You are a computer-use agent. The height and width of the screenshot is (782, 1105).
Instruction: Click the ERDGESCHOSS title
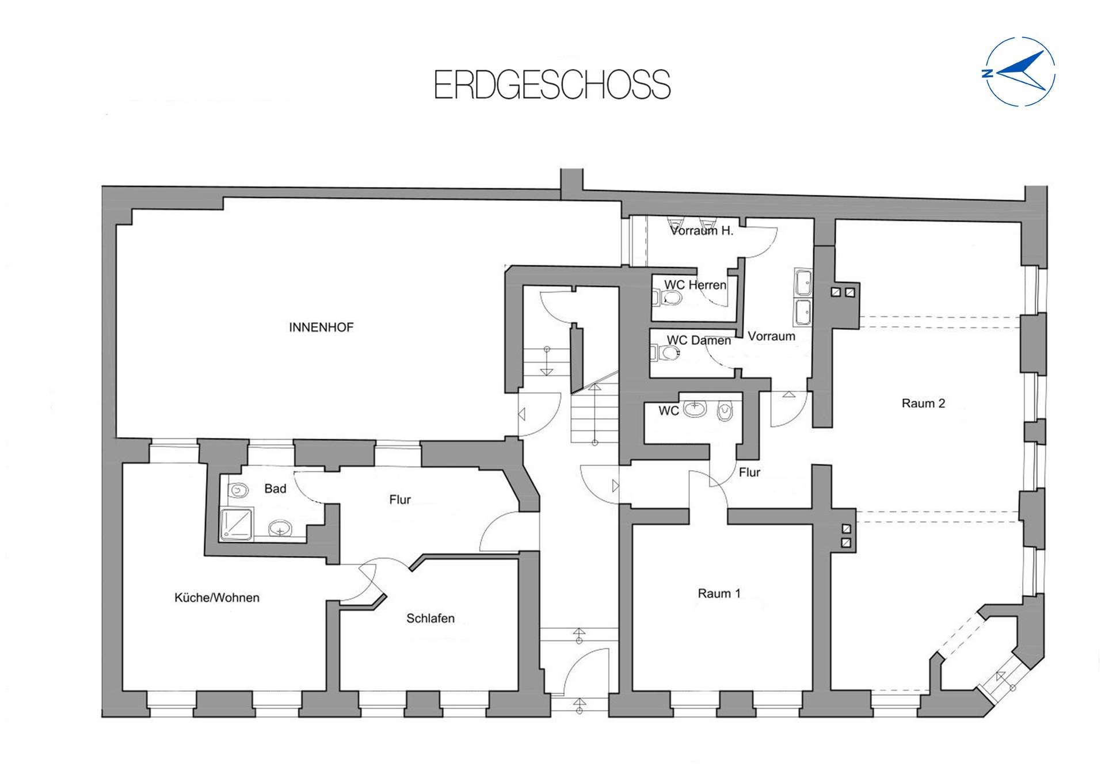pos(552,85)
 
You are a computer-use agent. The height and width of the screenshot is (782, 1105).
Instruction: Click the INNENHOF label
pos(321,327)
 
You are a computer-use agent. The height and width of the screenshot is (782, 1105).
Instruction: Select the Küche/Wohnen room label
pos(216,598)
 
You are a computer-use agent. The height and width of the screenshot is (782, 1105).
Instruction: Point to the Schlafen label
pos(430,619)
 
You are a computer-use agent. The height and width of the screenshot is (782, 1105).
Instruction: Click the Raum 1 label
pos(719,593)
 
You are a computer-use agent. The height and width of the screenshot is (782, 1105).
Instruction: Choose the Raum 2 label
pos(923,403)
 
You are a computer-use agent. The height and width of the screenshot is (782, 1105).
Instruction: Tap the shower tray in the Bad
pos(236,524)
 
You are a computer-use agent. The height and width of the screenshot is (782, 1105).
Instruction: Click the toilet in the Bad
pos(238,490)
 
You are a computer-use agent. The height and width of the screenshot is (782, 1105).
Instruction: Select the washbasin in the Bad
pos(280,527)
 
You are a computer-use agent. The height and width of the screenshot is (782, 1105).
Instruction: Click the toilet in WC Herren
pos(670,298)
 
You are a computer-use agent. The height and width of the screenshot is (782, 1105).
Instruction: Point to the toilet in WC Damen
pos(668,352)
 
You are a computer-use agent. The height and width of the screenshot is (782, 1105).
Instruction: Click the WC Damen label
pos(698,341)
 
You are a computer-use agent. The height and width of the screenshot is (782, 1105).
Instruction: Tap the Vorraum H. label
pos(702,231)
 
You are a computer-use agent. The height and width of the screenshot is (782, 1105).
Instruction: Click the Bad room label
pos(275,489)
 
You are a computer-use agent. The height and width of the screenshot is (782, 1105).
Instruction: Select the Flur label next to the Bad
pos(399,499)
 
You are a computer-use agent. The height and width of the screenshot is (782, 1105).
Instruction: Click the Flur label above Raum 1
pos(749,472)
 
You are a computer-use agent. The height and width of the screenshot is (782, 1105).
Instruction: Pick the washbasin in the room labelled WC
pos(695,409)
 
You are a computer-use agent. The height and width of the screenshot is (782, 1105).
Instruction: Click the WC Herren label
pos(695,285)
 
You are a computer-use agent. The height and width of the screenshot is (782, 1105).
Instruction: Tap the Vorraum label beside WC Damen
pos(771,336)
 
